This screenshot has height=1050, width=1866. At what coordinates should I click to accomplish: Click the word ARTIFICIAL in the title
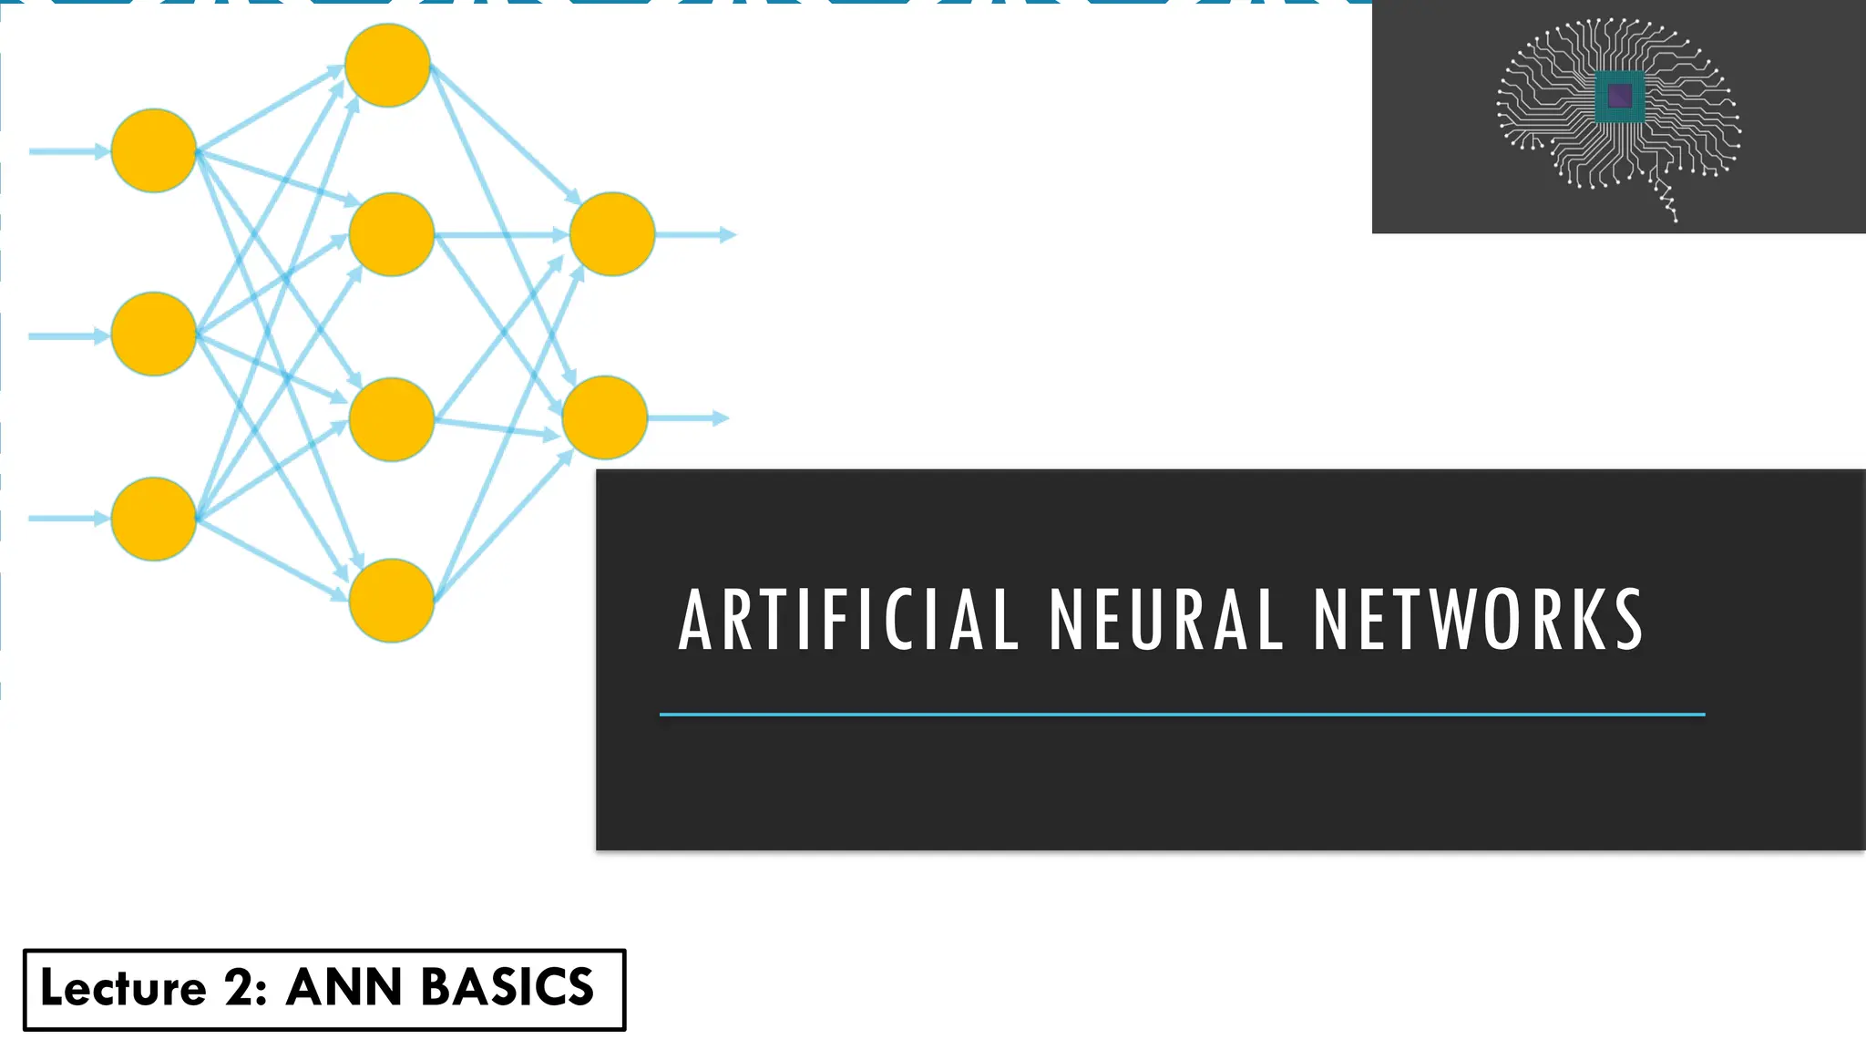tap(848, 621)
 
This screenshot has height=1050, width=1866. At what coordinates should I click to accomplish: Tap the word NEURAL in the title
tap(1166, 621)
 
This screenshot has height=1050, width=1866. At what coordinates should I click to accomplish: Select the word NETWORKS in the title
tap(1478, 621)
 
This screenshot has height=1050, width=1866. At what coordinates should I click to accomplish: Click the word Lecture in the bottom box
tap(124, 989)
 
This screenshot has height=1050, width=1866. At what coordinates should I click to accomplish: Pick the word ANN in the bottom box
tap(343, 989)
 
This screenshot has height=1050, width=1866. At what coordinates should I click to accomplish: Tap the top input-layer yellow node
tap(154, 150)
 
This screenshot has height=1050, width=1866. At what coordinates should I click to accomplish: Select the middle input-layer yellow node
tap(154, 334)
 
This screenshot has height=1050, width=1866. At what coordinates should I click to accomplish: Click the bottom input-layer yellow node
tap(154, 519)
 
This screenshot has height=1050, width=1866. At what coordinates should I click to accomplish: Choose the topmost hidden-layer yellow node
tap(387, 66)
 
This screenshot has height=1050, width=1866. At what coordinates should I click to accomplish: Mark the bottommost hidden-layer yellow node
tap(391, 601)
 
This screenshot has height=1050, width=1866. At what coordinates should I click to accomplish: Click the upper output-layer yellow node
tap(611, 234)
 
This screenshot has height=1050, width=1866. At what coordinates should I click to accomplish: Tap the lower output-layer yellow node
tap(605, 417)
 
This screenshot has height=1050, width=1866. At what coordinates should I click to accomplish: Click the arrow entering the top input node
tap(69, 151)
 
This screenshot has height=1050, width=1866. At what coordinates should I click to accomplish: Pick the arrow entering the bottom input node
tap(69, 519)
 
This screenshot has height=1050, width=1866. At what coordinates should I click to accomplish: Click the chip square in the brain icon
tap(1620, 96)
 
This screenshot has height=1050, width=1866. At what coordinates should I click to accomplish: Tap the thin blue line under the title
tap(1182, 715)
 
